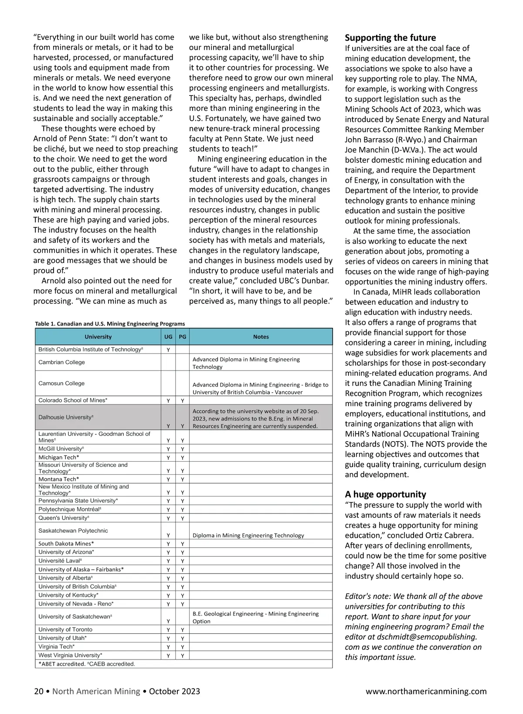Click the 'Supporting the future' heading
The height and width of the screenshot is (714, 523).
[390, 38]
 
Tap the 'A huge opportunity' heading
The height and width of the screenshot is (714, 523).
[385, 494]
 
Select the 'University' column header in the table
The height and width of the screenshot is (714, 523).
[98, 337]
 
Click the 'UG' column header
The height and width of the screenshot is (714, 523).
[168, 337]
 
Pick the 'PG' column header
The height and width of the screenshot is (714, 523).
[183, 337]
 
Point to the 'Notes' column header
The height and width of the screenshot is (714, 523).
[261, 337]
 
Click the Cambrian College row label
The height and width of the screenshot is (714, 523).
[61, 362]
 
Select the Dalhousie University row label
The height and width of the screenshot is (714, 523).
[66, 417]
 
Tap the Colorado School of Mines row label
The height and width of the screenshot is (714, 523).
[73, 400]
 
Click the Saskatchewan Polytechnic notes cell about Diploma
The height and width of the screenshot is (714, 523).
[248, 535]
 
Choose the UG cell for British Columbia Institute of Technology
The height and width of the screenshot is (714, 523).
[168, 350]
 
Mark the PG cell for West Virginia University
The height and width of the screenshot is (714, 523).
[183, 656]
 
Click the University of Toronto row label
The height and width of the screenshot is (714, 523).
[65, 629]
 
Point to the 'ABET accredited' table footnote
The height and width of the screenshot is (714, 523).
[87, 664]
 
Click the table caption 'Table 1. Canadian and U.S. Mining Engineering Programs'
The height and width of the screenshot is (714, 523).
[110, 324]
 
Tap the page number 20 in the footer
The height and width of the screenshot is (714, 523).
[39, 691]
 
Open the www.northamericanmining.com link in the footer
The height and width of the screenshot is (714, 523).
[426, 691]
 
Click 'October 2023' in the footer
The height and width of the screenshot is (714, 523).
[174, 691]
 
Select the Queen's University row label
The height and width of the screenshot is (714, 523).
[64, 518]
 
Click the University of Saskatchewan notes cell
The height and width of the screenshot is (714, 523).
[255, 617]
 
